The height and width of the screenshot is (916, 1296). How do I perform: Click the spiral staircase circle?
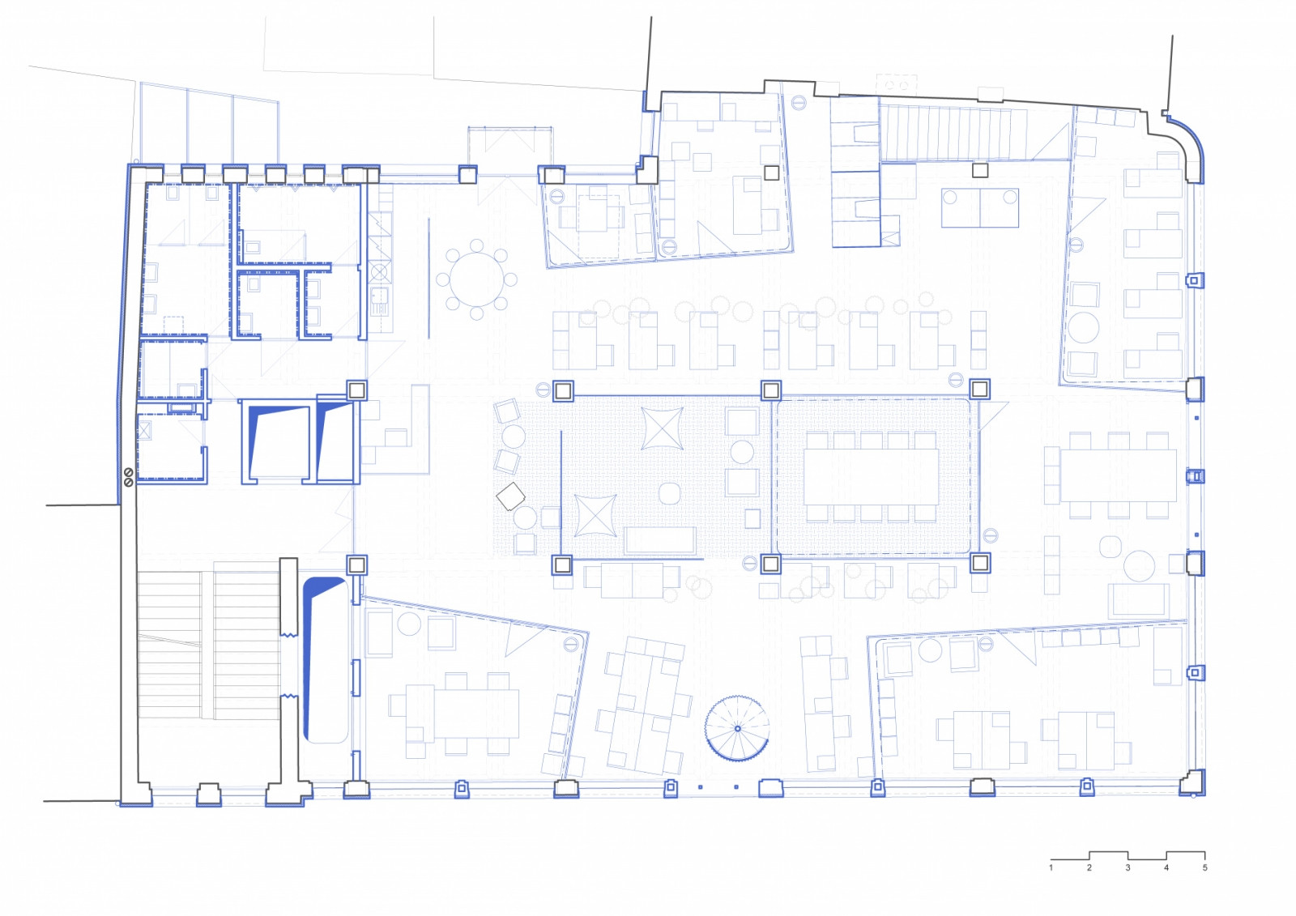click(x=737, y=728)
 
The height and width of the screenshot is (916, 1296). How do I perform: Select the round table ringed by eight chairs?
click(x=477, y=279)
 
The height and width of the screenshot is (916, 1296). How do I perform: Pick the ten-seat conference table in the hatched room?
click(x=871, y=476)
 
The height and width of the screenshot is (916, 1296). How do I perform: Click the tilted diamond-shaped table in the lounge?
click(x=510, y=496)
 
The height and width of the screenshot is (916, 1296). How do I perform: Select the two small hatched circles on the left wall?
click(x=129, y=477)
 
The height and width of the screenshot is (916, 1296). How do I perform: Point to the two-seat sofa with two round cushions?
click(x=979, y=207)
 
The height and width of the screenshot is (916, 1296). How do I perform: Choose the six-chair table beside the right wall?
click(x=1118, y=475)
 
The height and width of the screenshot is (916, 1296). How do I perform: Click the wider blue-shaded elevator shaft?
click(x=276, y=441)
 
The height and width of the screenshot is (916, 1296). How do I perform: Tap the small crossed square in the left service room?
click(x=143, y=430)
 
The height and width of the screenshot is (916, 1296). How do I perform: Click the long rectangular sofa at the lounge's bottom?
click(x=659, y=540)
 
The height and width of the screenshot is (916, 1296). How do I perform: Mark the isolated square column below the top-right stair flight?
click(x=979, y=170)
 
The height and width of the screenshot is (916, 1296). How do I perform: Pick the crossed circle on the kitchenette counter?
click(x=380, y=272)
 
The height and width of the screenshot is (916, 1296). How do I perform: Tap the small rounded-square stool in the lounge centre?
click(x=670, y=493)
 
